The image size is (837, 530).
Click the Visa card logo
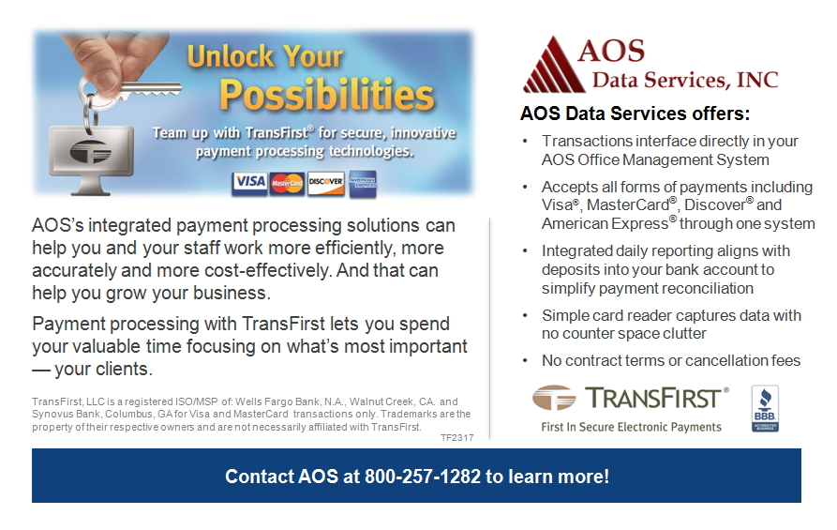tap(249, 182)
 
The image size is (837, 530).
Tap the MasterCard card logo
tap(287, 183)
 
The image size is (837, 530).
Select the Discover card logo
tap(325, 182)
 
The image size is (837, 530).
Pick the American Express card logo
tap(363, 183)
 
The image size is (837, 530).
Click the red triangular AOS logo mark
tap(552, 67)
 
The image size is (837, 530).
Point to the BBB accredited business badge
tap(765, 409)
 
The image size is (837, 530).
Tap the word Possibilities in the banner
tap(326, 96)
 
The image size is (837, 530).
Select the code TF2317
tap(456, 438)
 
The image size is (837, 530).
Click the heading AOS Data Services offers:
tap(635, 114)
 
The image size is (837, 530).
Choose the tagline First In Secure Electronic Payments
tap(631, 427)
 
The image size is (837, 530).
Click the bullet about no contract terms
tap(670, 361)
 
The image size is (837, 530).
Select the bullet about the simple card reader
tap(670, 325)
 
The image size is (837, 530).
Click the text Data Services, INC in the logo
tap(684, 79)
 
